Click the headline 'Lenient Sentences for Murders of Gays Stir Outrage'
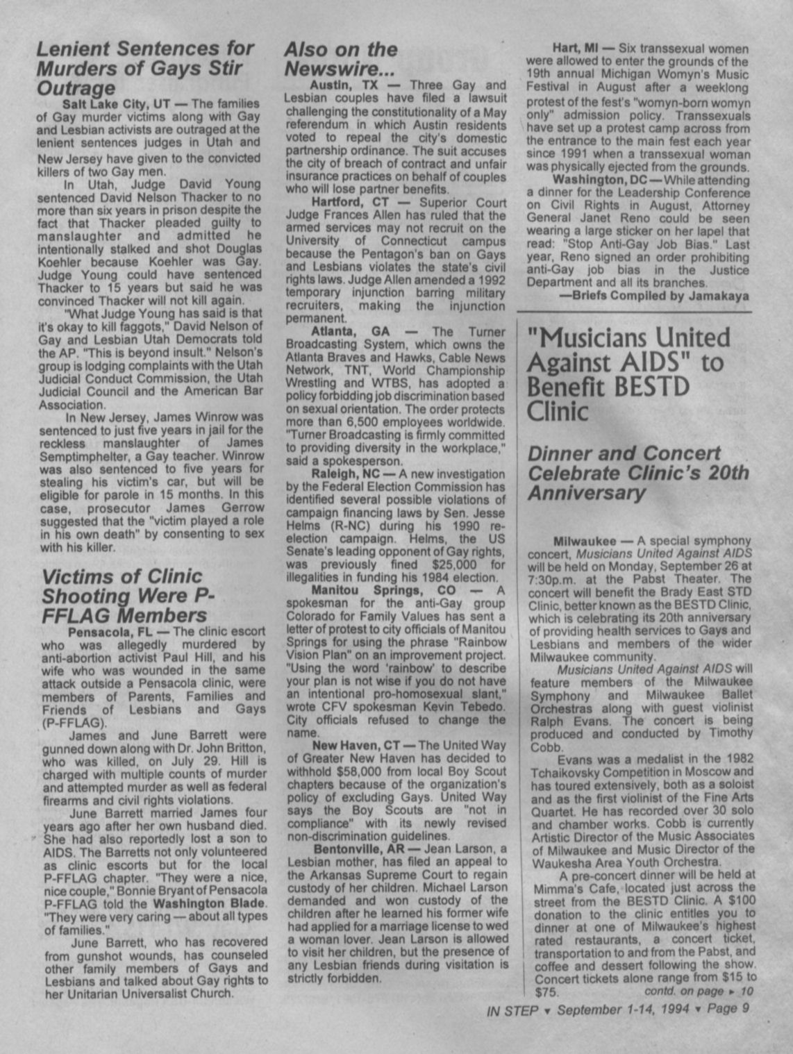[x=145, y=69]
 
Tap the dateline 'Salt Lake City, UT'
[x=122, y=104]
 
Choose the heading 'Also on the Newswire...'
[x=340, y=58]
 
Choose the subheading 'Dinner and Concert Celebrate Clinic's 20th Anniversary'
[x=638, y=473]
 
